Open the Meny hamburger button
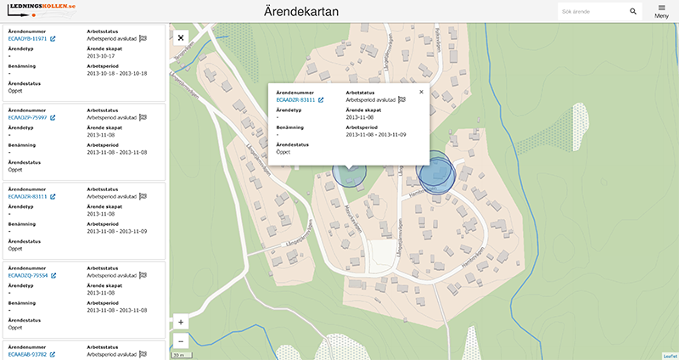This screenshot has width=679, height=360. pyautogui.click(x=662, y=11)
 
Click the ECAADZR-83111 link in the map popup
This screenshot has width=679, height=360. pyautogui.click(x=296, y=100)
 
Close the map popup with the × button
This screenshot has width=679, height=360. pyautogui.click(x=421, y=92)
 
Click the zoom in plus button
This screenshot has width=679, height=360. pyautogui.click(x=181, y=323)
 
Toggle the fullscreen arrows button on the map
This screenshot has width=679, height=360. pyautogui.click(x=181, y=37)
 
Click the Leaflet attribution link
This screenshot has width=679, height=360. pyautogui.click(x=670, y=356)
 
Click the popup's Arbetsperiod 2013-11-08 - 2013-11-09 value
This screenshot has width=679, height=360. pyautogui.click(x=377, y=134)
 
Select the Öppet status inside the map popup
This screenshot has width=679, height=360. pyautogui.click(x=284, y=152)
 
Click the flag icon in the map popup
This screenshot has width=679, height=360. pyautogui.click(x=401, y=100)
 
